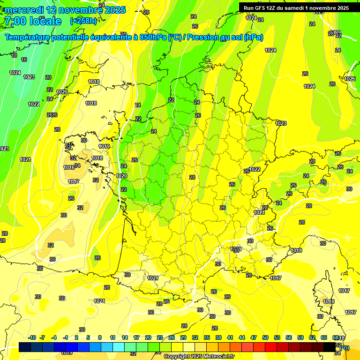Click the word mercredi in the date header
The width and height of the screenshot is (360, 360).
coord(24,10)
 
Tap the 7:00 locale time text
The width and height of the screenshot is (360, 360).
coord(33,21)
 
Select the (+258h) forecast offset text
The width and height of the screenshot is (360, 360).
coord(83,21)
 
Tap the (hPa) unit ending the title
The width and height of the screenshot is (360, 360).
coord(254,37)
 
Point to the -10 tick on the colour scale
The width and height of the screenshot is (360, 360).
coord(32,337)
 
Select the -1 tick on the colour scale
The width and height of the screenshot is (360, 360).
coord(66,337)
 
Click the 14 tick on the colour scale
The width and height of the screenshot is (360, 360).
coord(125,337)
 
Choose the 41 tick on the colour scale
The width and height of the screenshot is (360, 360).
coord(230,337)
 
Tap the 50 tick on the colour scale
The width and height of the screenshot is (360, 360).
coord(265,337)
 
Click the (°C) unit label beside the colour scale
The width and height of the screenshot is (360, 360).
coord(344,347)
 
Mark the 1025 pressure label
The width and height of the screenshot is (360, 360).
coord(350,79)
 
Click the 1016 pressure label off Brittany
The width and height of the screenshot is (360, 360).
coord(69,167)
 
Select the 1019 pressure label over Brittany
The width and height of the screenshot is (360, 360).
coord(104,147)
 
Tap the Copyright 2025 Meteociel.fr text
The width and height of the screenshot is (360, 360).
coord(199,356)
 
